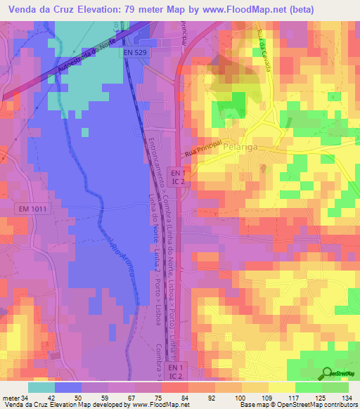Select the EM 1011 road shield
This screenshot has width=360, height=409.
click(x=32, y=209)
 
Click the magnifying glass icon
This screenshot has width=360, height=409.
click(x=327, y=373)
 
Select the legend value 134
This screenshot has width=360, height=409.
click(x=347, y=398)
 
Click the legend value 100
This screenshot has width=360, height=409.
click(x=240, y=398)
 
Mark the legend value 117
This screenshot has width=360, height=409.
click(x=294, y=398)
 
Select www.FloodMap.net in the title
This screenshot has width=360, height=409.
click(x=224, y=8)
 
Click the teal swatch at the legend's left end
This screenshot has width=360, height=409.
click(x=41, y=387)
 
